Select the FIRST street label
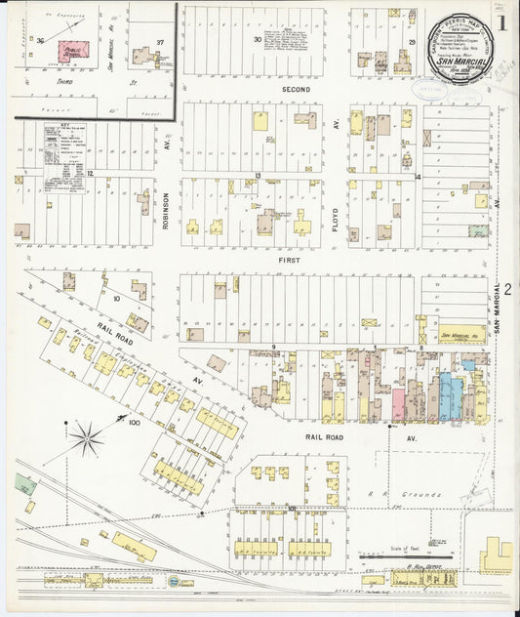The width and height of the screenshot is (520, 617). click(289, 261)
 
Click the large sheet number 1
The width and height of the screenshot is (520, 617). click(500, 23)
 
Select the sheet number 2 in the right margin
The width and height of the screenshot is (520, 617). click(507, 290)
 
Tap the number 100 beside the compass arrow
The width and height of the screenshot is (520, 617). click(133, 424)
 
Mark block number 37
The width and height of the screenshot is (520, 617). click(159, 43)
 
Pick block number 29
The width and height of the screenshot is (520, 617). click(413, 43)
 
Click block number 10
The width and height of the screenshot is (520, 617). click(115, 297)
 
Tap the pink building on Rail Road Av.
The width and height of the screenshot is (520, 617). click(398, 404)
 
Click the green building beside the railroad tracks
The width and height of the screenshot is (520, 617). click(25, 484)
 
